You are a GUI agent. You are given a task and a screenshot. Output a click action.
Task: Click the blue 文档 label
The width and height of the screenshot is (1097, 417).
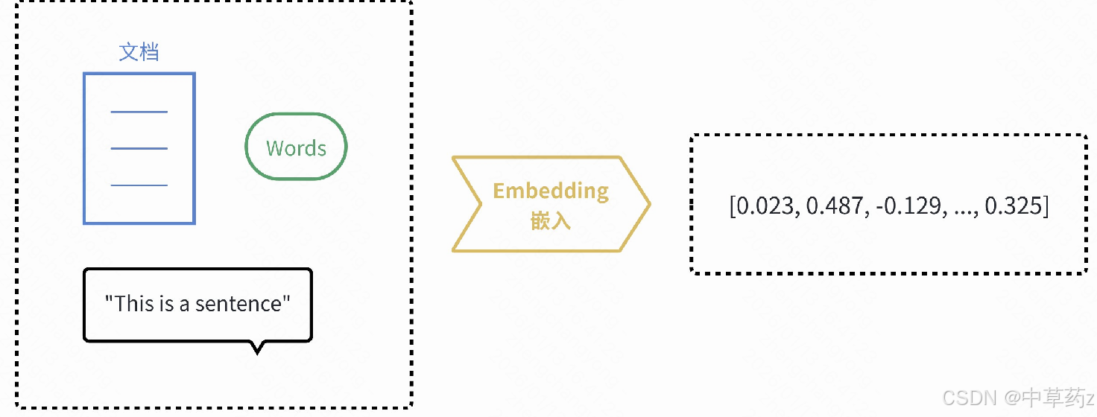tap(139, 52)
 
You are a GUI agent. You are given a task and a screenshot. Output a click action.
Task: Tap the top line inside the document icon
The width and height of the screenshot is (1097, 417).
tap(139, 112)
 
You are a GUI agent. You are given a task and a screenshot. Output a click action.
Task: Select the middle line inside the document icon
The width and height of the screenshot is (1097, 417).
tap(139, 148)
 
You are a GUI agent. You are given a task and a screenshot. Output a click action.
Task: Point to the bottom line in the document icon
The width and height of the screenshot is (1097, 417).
tap(139, 185)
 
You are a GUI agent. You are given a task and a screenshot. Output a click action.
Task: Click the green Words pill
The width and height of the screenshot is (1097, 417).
tap(296, 147)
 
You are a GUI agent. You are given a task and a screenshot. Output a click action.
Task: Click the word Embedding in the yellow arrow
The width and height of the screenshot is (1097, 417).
tap(551, 191)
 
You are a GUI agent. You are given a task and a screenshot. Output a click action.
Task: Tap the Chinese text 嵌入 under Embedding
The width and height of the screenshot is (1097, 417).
tap(551, 221)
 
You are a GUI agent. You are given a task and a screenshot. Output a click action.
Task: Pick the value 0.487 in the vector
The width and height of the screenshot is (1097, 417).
tap(835, 206)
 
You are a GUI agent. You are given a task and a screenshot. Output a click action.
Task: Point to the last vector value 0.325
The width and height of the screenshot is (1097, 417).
tap(1014, 206)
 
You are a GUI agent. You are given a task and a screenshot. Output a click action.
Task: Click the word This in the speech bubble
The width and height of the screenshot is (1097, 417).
tap(133, 304)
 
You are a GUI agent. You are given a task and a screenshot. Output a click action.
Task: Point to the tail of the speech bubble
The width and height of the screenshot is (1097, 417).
tap(257, 348)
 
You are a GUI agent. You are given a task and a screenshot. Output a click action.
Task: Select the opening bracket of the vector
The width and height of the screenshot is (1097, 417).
tap(732, 206)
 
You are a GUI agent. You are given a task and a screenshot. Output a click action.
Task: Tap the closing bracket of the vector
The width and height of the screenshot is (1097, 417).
tap(1046, 206)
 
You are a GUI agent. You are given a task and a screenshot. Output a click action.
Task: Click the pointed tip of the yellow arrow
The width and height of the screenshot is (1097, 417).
tap(649, 203)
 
